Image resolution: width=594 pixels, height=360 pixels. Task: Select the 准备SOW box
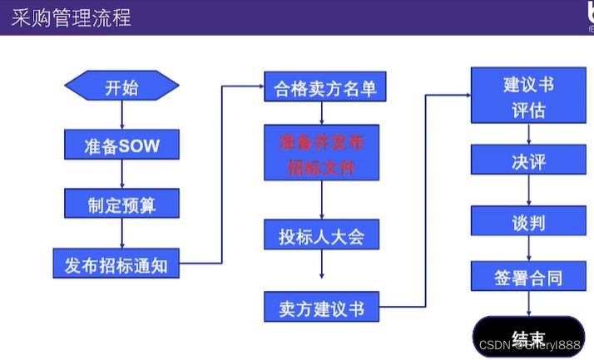(x=121, y=145)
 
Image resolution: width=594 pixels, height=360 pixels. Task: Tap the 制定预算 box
(x=121, y=203)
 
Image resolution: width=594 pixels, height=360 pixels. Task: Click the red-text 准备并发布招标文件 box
(x=321, y=154)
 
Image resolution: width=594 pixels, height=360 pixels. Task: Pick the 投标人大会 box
(x=321, y=237)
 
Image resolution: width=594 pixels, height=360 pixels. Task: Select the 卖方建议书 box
(x=321, y=307)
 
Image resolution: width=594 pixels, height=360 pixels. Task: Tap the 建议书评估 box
(x=528, y=96)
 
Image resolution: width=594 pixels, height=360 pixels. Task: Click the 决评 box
(x=528, y=161)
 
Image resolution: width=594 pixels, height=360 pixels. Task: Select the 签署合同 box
(x=528, y=277)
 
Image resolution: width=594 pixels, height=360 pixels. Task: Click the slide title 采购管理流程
(x=72, y=17)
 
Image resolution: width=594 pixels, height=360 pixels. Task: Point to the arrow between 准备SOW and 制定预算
(x=121, y=174)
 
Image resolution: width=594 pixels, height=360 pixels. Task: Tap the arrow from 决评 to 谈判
(x=528, y=190)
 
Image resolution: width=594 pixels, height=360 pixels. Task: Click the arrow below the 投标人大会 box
(x=321, y=265)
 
